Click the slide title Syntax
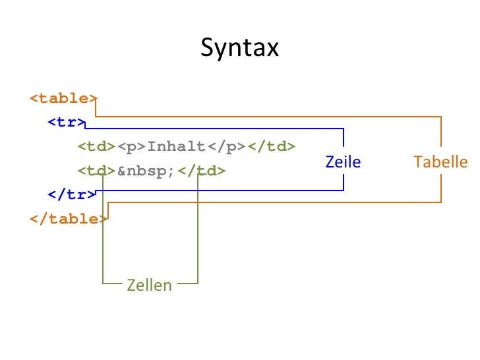click(x=240, y=47)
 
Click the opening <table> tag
click(x=63, y=98)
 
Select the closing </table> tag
click(x=67, y=219)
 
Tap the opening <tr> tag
click(x=66, y=122)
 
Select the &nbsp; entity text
click(x=147, y=171)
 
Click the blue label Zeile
click(x=343, y=162)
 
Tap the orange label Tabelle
click(x=440, y=162)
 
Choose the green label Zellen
click(x=149, y=285)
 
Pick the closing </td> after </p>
click(x=271, y=146)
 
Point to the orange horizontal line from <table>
click(x=264, y=117)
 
